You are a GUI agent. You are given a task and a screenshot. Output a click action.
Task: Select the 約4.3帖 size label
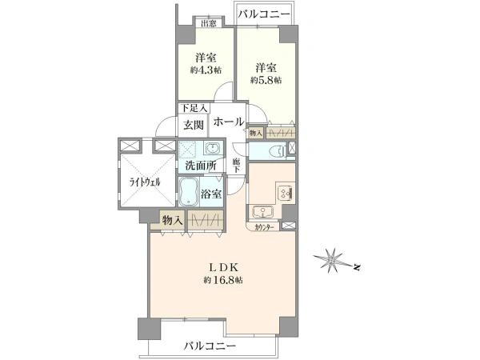point(206,70)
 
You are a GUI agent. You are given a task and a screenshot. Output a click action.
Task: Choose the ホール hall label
point(228,122)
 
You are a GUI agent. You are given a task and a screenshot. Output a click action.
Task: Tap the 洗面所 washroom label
point(200,166)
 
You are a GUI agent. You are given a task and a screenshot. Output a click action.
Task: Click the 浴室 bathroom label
point(211,194)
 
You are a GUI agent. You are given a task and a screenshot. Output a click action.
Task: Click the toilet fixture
point(274,150)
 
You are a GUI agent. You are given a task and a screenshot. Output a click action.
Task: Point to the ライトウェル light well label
point(146,182)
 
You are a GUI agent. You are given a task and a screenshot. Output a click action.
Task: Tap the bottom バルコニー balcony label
point(209,346)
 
